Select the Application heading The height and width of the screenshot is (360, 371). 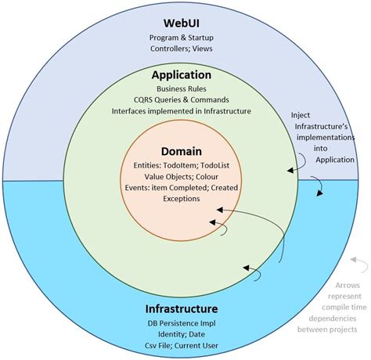point(182,75)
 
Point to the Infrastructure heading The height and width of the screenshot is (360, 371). point(181,309)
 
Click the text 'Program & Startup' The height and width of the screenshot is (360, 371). point(182,37)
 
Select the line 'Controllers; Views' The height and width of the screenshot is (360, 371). point(182,49)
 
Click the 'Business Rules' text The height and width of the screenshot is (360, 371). point(182,89)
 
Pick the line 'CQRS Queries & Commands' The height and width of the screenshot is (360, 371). point(182,101)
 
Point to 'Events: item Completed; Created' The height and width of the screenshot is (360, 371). point(182,187)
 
